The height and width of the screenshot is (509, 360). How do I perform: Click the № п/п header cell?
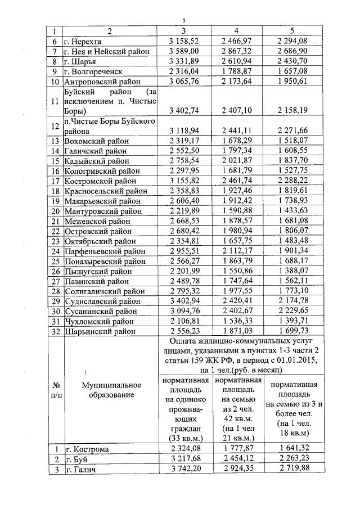coord(55,390)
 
